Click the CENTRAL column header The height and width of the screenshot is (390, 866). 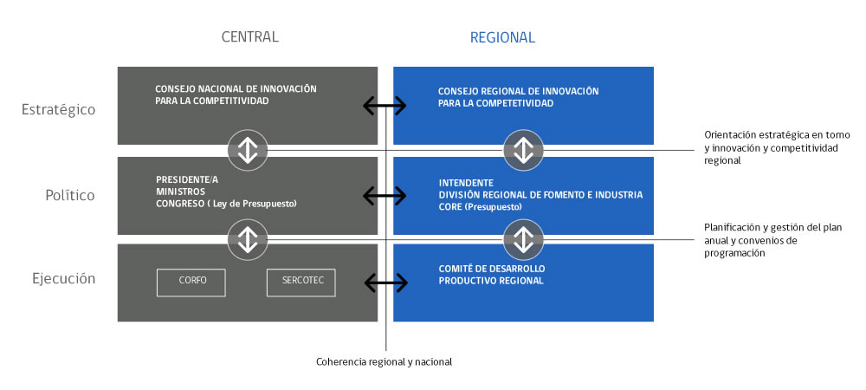pos(249,37)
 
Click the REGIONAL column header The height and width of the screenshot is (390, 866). pos(502,37)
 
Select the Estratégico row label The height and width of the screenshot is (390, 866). pos(60,110)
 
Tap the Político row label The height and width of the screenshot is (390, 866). pos(70,195)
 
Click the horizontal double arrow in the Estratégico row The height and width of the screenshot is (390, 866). pos(385,106)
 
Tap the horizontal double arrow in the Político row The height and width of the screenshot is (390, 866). pos(385,196)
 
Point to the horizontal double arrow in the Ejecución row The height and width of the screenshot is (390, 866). pos(385,282)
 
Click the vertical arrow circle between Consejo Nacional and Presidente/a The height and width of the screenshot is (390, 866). pos(248,150)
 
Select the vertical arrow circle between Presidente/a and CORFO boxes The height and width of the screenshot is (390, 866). pos(248,238)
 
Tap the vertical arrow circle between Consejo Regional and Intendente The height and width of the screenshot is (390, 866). pos(523,150)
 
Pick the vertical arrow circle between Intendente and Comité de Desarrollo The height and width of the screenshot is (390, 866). pos(523,238)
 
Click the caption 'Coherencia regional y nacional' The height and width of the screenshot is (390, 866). pos(384,361)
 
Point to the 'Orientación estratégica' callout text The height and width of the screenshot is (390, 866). pos(777,147)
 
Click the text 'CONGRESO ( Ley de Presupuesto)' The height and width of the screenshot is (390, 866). pos(226,205)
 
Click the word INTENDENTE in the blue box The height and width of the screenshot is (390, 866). pos(466,183)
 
